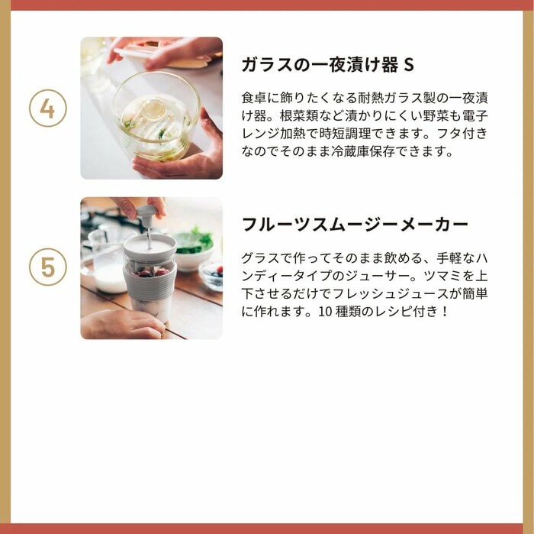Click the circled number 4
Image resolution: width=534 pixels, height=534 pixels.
pyautogui.click(x=47, y=108)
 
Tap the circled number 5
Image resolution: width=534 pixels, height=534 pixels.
pyautogui.click(x=47, y=268)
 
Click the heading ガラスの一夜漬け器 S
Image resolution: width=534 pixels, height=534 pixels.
pyautogui.click(x=327, y=64)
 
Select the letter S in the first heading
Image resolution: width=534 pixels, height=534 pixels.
pyautogui.click(x=409, y=64)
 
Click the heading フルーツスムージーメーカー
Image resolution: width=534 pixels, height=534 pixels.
pyautogui.click(x=355, y=225)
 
